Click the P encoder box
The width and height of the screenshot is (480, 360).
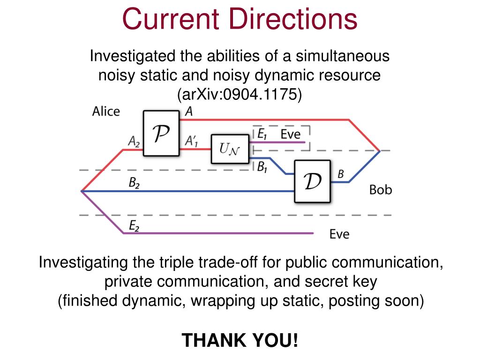162,133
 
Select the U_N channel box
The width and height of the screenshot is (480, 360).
230,149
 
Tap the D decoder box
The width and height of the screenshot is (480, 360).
313,181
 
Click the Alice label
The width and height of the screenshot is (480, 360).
105,112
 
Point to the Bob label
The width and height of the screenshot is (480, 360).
381,190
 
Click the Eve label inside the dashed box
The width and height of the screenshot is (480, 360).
290,134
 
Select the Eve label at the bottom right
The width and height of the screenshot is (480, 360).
339,234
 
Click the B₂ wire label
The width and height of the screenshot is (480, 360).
134,183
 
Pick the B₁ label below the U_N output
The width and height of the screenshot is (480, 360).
262,167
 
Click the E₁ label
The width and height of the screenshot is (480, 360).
262,134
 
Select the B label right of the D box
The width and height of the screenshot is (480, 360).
341,174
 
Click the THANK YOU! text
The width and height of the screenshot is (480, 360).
240,340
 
